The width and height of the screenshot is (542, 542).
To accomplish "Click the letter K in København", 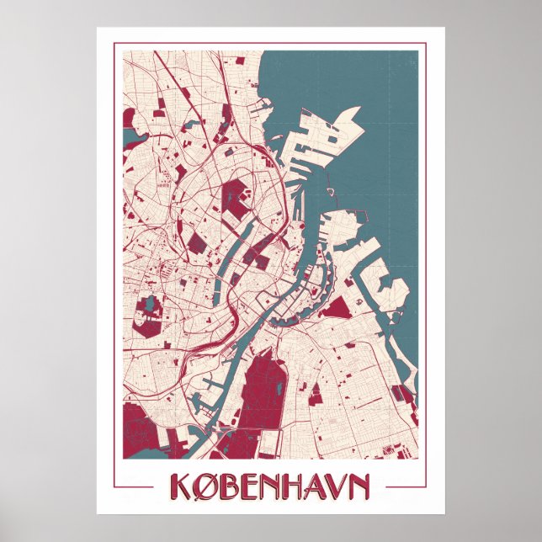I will [x=180, y=486].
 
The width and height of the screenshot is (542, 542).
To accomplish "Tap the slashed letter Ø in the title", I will [x=205, y=486].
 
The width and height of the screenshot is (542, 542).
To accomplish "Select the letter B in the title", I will [x=230, y=486].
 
